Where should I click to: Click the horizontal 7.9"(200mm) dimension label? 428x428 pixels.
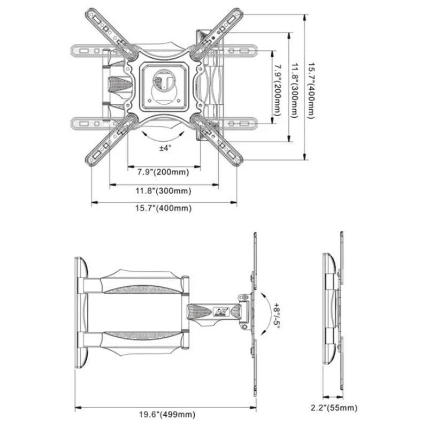pos(163,172)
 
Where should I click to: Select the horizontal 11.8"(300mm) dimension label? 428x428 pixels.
pos(163,190)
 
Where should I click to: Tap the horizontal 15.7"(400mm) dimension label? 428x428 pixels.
pos(163,208)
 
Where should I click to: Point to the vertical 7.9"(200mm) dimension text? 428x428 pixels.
pos(278,90)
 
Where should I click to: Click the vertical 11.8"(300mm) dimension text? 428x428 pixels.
pos(295,90)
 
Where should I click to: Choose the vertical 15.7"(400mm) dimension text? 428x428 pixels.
pos(312,91)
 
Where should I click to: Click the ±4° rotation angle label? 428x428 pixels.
pos(165,148)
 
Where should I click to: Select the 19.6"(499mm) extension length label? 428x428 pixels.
pos(167,415)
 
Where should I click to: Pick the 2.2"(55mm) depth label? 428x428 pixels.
pos(334,408)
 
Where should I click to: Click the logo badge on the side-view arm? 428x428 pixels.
pos(221,311)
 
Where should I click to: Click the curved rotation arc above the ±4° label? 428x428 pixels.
pos(163,140)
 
